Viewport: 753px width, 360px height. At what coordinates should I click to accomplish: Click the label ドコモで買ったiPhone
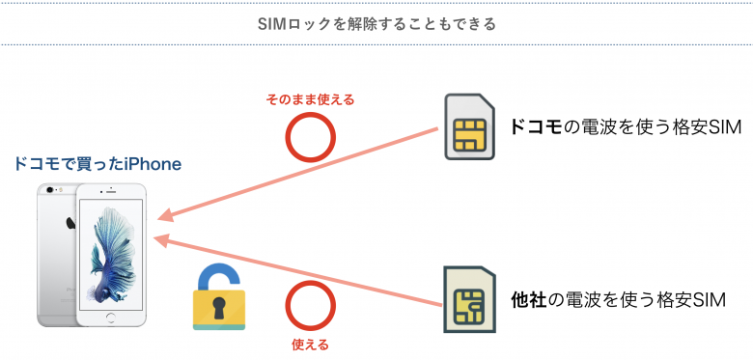pyautogui.click(x=98, y=165)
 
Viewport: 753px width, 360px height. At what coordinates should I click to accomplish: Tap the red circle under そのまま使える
pyautogui.click(x=310, y=138)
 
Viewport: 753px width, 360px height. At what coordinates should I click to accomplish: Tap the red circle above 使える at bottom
pyautogui.click(x=310, y=307)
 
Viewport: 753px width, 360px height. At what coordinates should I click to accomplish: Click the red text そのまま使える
pyautogui.click(x=310, y=99)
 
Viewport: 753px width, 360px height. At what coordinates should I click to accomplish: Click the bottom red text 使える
pyautogui.click(x=310, y=344)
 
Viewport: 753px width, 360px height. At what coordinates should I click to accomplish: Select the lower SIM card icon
pyautogui.click(x=469, y=301)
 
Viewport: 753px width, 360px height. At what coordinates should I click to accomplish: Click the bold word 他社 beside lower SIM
pyautogui.click(x=529, y=300)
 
